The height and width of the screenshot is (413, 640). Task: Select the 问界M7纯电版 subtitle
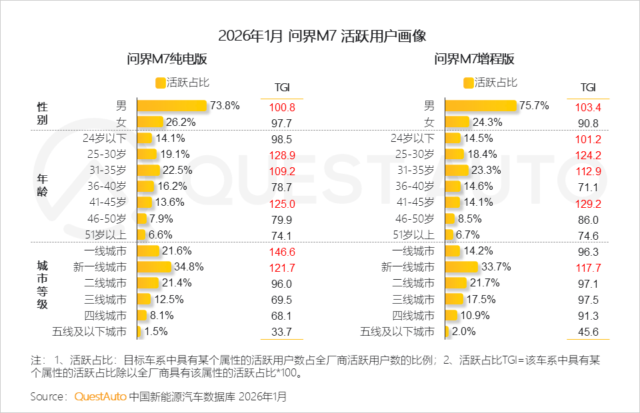(x=167, y=59)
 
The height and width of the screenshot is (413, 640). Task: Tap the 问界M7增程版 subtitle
(x=475, y=59)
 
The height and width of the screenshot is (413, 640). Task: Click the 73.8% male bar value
(x=225, y=105)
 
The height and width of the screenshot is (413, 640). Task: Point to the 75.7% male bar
(x=480, y=105)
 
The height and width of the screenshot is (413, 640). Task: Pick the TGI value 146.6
(x=282, y=251)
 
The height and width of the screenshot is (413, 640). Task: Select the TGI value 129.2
(x=588, y=203)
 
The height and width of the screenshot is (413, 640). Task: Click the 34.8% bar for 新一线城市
(x=154, y=267)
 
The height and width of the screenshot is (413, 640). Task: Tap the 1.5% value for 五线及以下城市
(x=155, y=331)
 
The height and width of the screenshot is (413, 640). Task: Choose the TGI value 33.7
(x=282, y=332)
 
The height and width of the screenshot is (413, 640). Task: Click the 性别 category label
(x=42, y=113)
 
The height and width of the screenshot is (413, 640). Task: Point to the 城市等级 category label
(x=42, y=284)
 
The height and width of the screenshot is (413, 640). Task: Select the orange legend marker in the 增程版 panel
(x=469, y=83)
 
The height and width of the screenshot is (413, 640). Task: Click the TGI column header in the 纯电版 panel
(x=282, y=88)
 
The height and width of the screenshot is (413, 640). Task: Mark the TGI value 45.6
(x=588, y=332)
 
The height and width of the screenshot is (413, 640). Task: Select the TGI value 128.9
(x=282, y=155)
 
